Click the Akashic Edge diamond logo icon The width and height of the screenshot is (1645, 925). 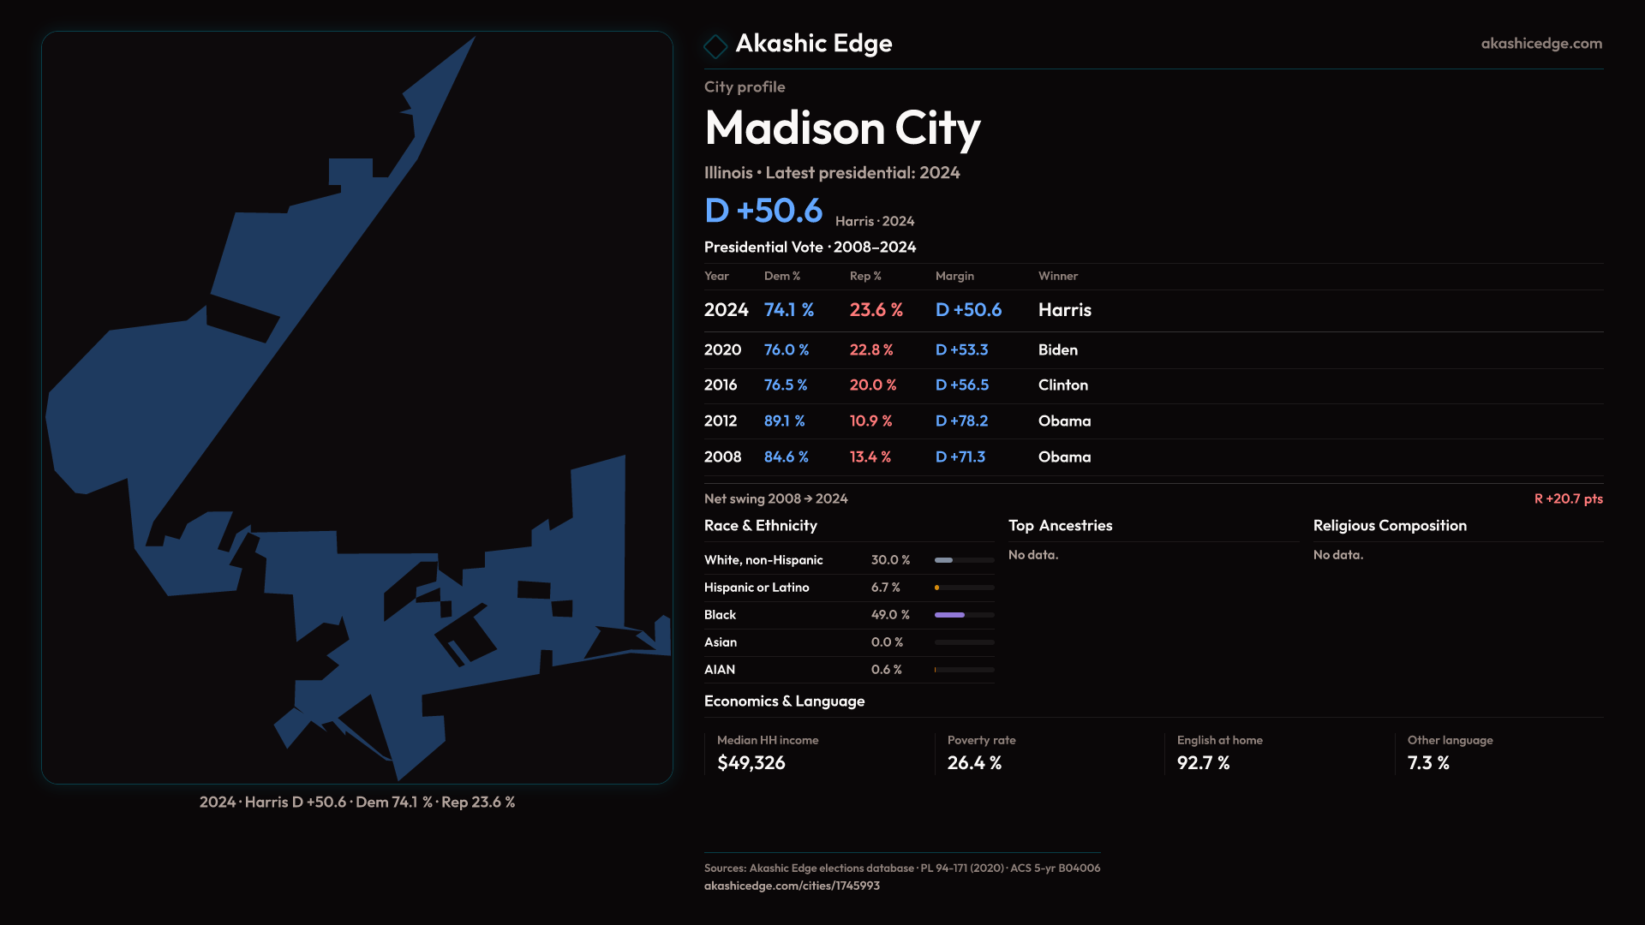(x=715, y=45)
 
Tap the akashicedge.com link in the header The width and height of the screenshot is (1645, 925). (x=1540, y=43)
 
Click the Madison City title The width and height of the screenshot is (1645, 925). (x=842, y=128)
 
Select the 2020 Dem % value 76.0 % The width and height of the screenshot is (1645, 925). (x=786, y=349)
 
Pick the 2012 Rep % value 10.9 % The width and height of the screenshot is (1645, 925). (x=870, y=421)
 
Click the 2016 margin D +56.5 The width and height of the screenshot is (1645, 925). (x=961, y=385)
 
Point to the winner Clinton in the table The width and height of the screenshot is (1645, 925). (x=1062, y=385)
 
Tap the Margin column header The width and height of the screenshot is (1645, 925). (x=954, y=276)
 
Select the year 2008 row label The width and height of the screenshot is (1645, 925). (x=722, y=457)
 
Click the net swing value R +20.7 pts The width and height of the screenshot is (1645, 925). (x=1568, y=498)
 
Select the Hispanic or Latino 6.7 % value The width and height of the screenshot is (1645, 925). (x=885, y=588)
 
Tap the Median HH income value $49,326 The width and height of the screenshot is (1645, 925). (x=751, y=762)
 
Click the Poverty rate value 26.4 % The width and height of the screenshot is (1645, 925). (x=974, y=762)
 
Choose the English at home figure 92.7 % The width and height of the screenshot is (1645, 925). (x=1203, y=762)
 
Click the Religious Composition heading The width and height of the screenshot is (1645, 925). (x=1389, y=525)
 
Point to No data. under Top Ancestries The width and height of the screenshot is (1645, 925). (x=1032, y=555)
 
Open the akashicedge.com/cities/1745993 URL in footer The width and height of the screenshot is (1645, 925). (x=792, y=886)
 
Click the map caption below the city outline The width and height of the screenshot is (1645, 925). (x=357, y=802)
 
